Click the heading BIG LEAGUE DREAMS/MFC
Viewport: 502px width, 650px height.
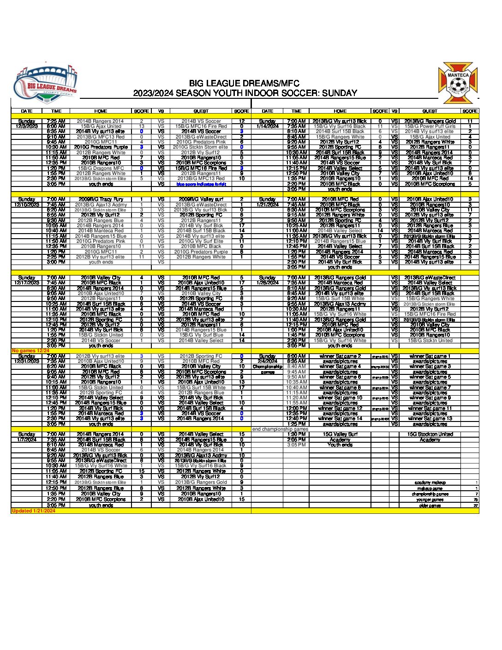tap(244, 84)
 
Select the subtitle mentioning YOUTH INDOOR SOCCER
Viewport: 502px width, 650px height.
tap(245, 93)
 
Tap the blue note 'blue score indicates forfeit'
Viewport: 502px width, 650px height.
tap(201, 184)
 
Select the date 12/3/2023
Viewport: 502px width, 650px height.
tap(27, 126)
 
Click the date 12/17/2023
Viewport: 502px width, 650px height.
tap(27, 283)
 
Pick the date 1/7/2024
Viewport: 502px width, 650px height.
tap(27, 439)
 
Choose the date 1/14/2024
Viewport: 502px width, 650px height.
tap(268, 126)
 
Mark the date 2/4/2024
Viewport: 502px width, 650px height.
tap(268, 361)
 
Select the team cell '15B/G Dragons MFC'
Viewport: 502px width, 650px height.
tap(101, 169)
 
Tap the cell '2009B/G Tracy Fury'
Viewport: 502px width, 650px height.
tap(101, 199)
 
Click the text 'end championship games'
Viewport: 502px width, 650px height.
tap(280, 429)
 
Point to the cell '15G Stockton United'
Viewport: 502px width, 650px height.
tap(430, 434)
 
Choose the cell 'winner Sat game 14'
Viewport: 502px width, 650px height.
tap(340, 419)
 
